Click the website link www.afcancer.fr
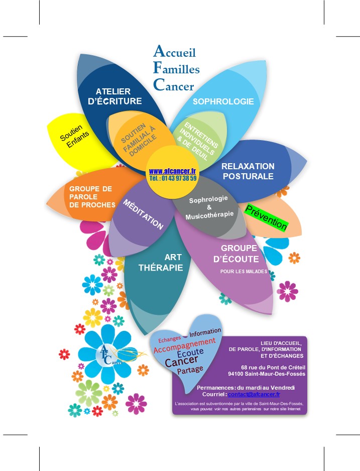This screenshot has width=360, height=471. pyautogui.click(x=172, y=171)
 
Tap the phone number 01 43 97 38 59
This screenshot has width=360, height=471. pyautogui.click(x=173, y=178)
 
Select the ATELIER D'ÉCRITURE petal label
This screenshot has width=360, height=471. pyautogui.click(x=114, y=96)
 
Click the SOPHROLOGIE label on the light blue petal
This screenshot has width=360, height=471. pyautogui.click(x=223, y=101)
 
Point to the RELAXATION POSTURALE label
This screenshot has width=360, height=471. pyautogui.click(x=248, y=171)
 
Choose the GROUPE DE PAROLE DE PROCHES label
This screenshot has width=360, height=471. pyautogui.click(x=91, y=196)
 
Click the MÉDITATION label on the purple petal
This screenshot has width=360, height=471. pyautogui.click(x=143, y=214)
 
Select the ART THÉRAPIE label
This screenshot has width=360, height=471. pyautogui.click(x=161, y=262)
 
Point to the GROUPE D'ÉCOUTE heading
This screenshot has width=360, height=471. pyautogui.click(x=238, y=254)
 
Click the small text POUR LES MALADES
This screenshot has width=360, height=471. pyautogui.click(x=244, y=272)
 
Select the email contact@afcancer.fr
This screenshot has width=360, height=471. pyautogui.click(x=254, y=395)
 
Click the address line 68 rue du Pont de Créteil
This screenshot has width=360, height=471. pyautogui.click(x=273, y=367)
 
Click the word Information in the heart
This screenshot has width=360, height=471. pyautogui.click(x=205, y=332)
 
